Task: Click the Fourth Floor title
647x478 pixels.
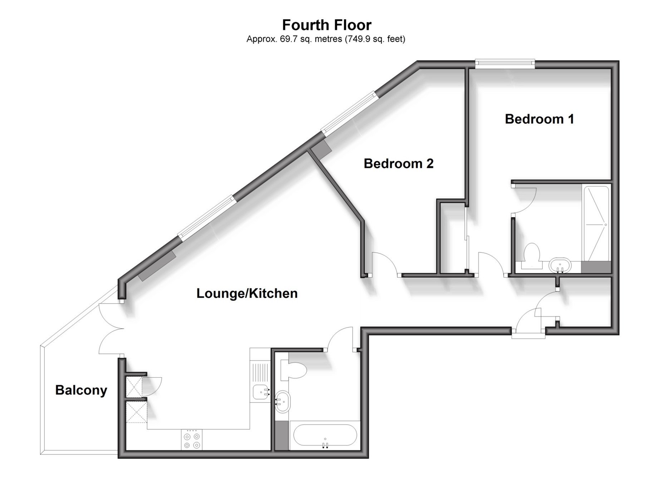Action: [x=327, y=25]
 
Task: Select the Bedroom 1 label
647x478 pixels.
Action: [x=539, y=119]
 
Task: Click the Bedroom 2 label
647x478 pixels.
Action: [x=398, y=163]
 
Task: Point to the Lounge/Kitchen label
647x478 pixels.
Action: [x=247, y=293]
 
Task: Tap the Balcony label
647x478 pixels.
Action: [x=81, y=390]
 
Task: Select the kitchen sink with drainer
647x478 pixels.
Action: [x=260, y=383]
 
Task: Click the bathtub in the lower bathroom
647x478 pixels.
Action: [x=325, y=435]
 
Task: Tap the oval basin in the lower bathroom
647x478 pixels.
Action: [x=284, y=401]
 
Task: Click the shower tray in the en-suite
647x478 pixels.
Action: [x=596, y=223]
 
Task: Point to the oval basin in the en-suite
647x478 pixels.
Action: [x=560, y=266]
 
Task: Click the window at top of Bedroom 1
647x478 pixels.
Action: [x=505, y=64]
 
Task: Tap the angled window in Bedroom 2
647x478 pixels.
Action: [x=349, y=113]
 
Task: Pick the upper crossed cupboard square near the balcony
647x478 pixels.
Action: [x=134, y=386]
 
